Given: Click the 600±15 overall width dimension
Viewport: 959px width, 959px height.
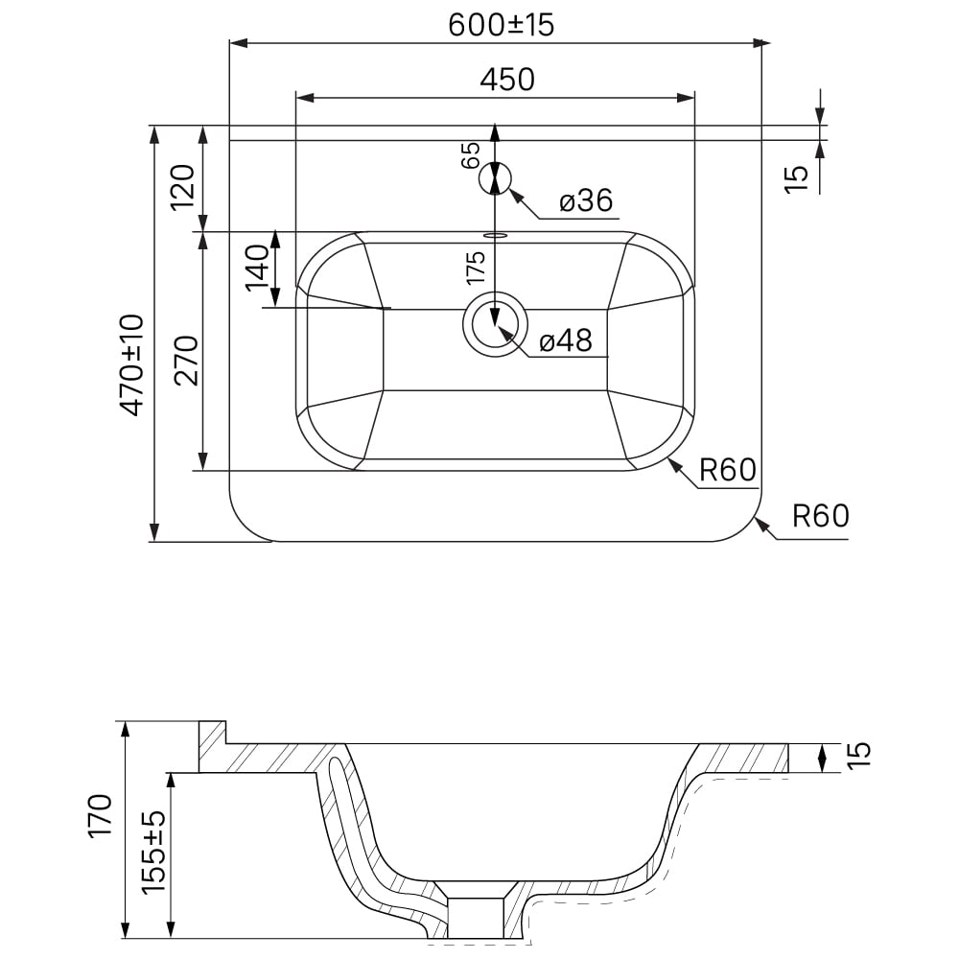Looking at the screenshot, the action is pos(501,26).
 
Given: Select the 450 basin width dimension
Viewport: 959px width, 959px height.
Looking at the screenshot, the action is pos(507,80).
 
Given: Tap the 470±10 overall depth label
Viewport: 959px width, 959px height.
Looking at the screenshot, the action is pos(132,364).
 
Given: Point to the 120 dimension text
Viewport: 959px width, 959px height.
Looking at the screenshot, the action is pos(182,187).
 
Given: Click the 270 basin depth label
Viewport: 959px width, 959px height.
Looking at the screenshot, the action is pos(186,361).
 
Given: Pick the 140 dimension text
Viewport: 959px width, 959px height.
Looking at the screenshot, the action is pos(257,268).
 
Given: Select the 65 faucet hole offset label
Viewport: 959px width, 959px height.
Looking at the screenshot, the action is pos(471,155).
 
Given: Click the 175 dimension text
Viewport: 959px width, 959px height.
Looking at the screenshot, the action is pos(476,268).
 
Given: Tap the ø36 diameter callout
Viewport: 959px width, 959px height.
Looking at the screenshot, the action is pos(585,200).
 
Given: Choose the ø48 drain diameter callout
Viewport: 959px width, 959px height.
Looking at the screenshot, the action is pos(566,340).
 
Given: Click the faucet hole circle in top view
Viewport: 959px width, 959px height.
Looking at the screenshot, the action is pos(495,178).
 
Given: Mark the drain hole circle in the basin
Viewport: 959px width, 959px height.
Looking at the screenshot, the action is pos(495,324).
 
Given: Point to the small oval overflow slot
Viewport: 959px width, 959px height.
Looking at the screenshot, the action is pos(495,234).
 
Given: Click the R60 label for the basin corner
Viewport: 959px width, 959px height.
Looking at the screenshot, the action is pos(728,470).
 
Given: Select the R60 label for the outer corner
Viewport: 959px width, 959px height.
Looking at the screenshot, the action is pos(821,516).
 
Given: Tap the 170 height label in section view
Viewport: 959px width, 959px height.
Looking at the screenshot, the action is pos(101,816).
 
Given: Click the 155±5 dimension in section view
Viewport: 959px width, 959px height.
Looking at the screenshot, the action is pos(153,852).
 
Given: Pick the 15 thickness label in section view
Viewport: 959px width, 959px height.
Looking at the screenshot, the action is pos(858,755).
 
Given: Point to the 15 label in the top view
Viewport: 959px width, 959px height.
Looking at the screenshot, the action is pos(796,179).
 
